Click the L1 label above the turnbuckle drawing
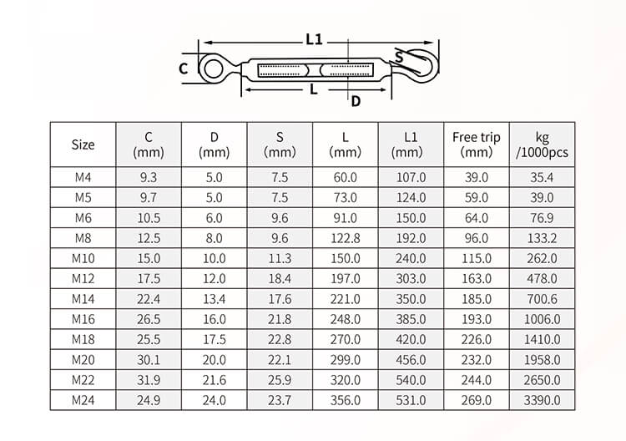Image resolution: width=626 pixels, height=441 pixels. tap(314, 39)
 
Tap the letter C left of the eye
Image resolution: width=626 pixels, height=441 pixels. tap(184, 68)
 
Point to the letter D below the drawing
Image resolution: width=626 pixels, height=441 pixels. tap(356, 101)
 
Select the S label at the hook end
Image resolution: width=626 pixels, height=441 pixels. tap(399, 57)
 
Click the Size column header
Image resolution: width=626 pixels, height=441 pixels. tap(83, 144)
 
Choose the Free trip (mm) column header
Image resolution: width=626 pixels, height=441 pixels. tap(477, 144)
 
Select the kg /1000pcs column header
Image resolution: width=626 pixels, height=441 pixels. tap(542, 144)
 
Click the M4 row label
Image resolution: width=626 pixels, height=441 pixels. tap(83, 177)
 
